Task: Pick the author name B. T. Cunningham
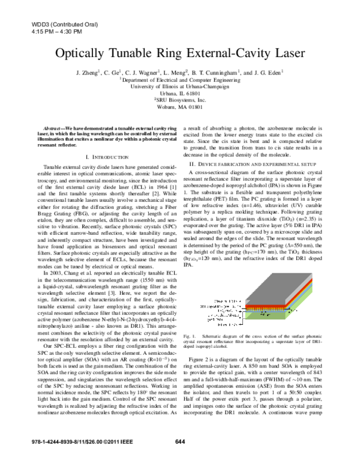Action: click(215, 72)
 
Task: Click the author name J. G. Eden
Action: click(268, 72)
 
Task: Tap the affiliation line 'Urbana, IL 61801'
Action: click(180, 94)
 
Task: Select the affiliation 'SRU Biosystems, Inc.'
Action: click(181, 100)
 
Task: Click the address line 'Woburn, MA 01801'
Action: click(180, 107)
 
